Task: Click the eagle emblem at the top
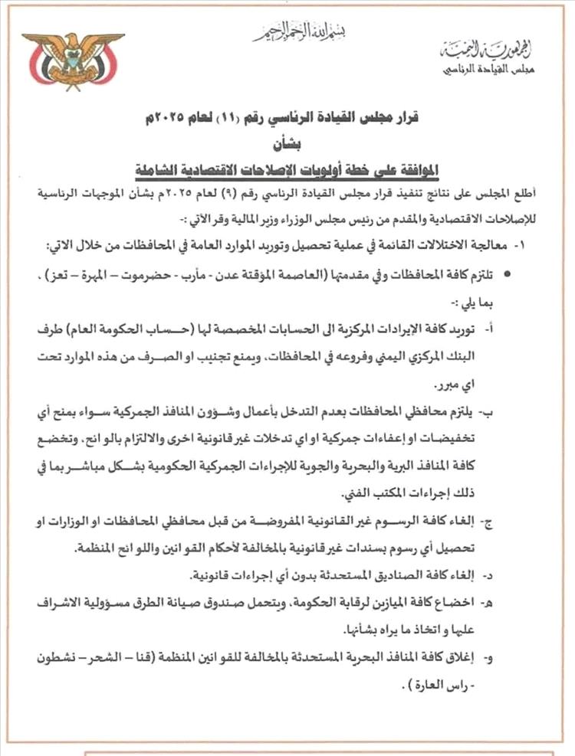click(73, 60)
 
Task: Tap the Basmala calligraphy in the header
click(300, 31)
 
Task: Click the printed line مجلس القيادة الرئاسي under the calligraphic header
click(488, 70)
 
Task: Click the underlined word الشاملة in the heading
click(159, 169)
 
